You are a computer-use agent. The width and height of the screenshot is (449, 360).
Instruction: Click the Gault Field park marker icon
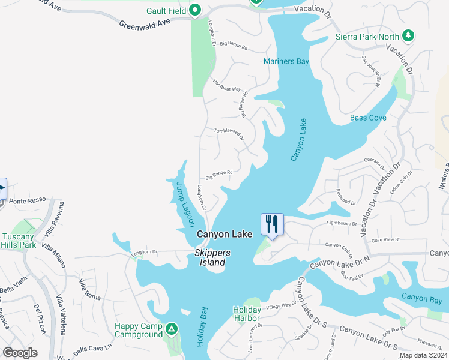(195, 10)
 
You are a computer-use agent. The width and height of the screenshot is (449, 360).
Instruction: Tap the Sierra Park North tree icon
(409, 35)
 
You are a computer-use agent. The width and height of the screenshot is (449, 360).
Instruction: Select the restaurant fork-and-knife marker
(272, 224)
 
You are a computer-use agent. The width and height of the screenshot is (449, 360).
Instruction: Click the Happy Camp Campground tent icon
(172, 329)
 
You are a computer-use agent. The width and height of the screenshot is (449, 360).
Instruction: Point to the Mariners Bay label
(286, 61)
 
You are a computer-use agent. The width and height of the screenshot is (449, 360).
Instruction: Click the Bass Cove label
(368, 118)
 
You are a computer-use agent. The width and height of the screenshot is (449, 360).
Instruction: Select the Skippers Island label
(210, 258)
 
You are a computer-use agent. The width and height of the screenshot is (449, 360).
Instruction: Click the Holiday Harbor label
(246, 314)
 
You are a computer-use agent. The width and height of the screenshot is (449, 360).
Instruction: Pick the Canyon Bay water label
(422, 297)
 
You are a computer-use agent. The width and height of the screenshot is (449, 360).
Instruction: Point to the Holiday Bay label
(202, 326)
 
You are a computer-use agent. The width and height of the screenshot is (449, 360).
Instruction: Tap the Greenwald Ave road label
(144, 23)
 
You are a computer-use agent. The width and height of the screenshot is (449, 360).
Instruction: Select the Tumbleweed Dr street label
(229, 133)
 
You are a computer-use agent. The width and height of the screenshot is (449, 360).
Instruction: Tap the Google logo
(20, 353)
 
